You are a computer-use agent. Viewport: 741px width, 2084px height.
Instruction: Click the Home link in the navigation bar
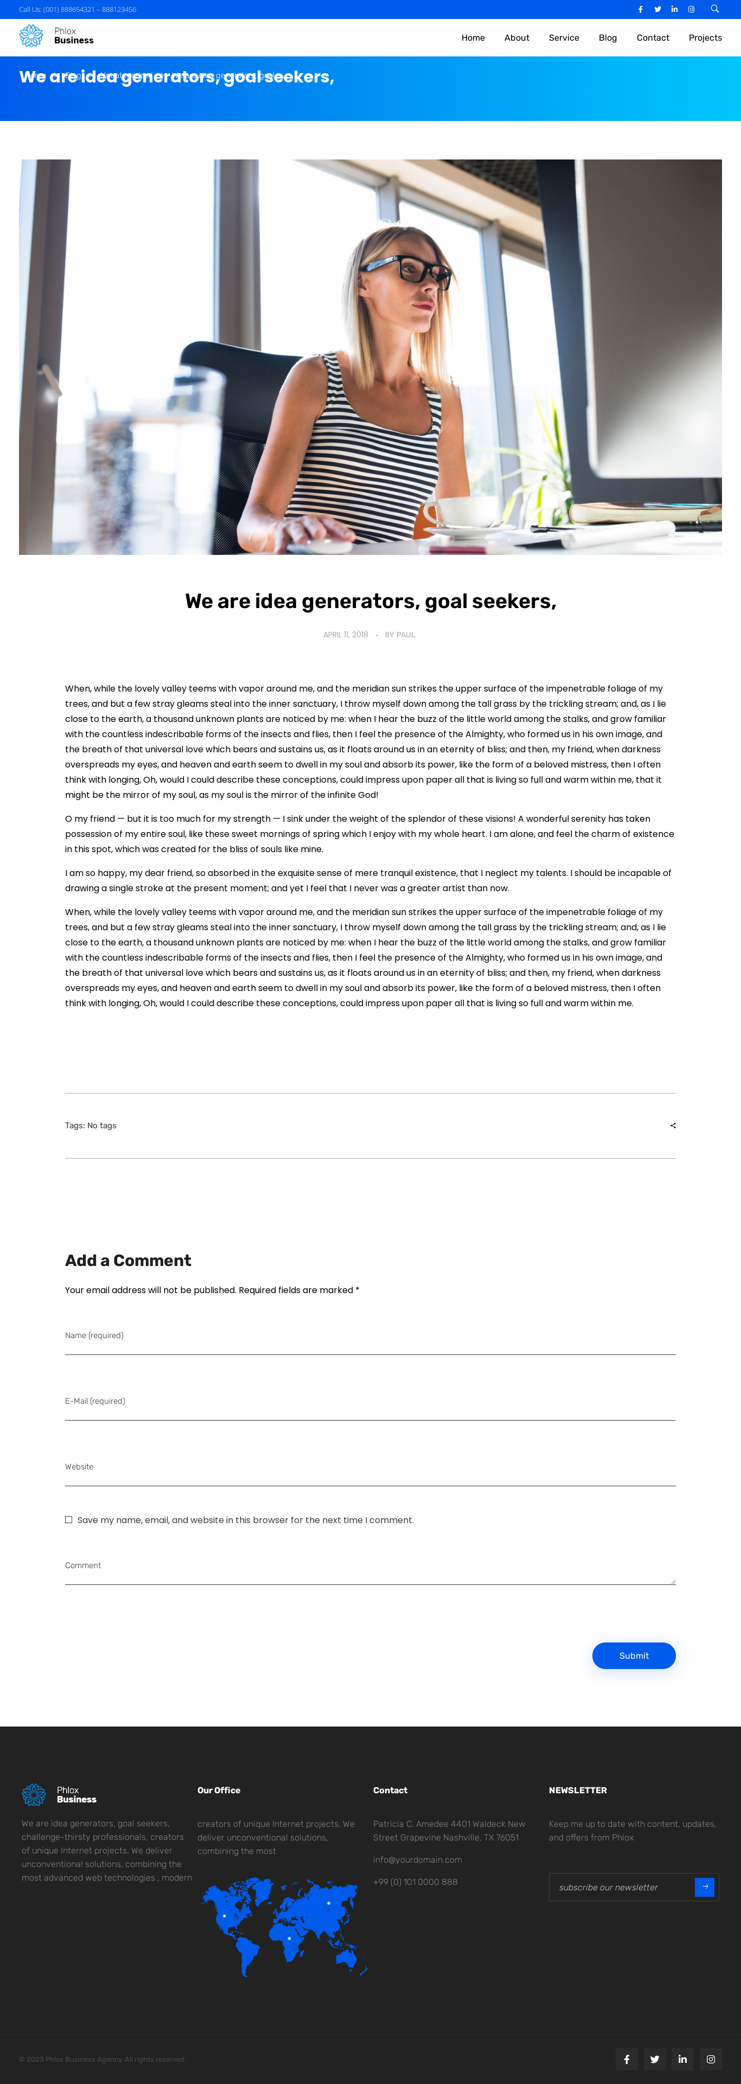[x=472, y=38]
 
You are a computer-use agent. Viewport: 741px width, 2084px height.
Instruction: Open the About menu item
[x=516, y=38]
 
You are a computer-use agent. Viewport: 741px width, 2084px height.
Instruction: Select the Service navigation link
[x=563, y=38]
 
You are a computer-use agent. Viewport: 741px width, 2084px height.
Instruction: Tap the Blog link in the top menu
[x=608, y=38]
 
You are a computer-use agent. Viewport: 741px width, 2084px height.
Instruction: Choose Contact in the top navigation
[x=652, y=38]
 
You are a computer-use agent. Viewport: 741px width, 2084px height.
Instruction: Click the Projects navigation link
[x=705, y=38]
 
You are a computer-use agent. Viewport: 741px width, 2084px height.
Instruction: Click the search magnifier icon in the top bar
[x=714, y=9]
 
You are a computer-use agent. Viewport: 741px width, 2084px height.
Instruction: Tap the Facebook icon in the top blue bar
[x=641, y=10]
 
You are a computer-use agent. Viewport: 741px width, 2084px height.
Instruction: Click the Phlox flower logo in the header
[x=31, y=36]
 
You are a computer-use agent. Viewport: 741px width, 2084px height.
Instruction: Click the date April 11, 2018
[x=346, y=635]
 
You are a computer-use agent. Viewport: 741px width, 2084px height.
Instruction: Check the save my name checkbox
[x=69, y=1519]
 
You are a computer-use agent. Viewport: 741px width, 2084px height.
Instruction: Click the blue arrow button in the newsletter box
[x=705, y=1887]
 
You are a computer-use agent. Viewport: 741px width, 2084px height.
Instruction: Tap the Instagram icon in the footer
[x=710, y=2059]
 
